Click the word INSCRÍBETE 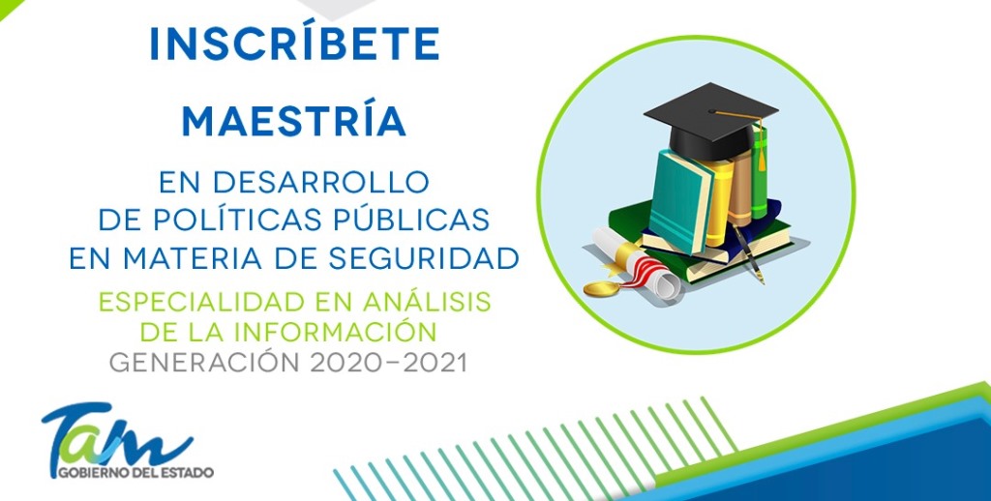tap(294, 44)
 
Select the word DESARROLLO tap(321, 182)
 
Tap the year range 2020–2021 tap(388, 363)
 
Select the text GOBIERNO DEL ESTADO tap(135, 472)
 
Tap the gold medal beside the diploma tap(601, 289)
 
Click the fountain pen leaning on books tap(748, 253)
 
